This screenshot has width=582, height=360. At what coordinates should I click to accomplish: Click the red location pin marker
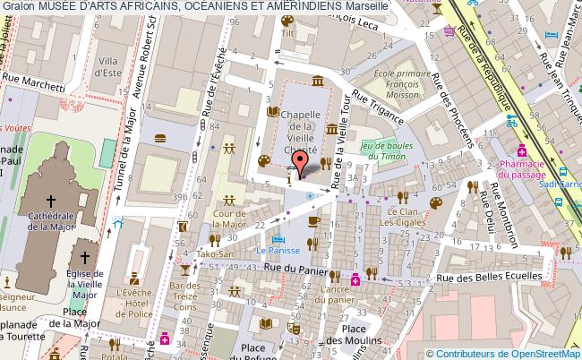pos(301,162)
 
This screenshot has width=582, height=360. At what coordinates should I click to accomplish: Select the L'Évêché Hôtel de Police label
pos(135,300)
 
